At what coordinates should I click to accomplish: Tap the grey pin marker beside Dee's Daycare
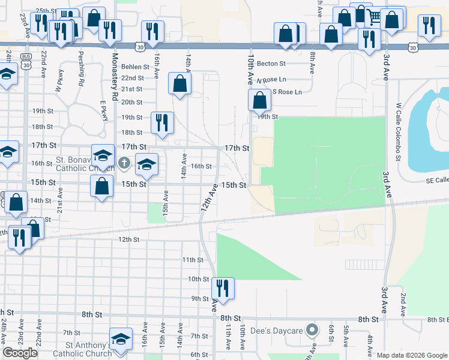point(312,329)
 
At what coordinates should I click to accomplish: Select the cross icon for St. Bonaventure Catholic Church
point(124,163)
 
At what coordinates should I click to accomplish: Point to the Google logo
point(20,353)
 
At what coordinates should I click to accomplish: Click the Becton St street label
point(271,63)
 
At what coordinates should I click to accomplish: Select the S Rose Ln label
point(287,92)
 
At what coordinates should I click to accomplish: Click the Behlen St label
point(134,67)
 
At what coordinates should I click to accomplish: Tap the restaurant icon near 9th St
point(223,288)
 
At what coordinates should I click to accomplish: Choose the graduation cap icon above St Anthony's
point(121,338)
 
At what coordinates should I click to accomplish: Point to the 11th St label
point(193,259)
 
